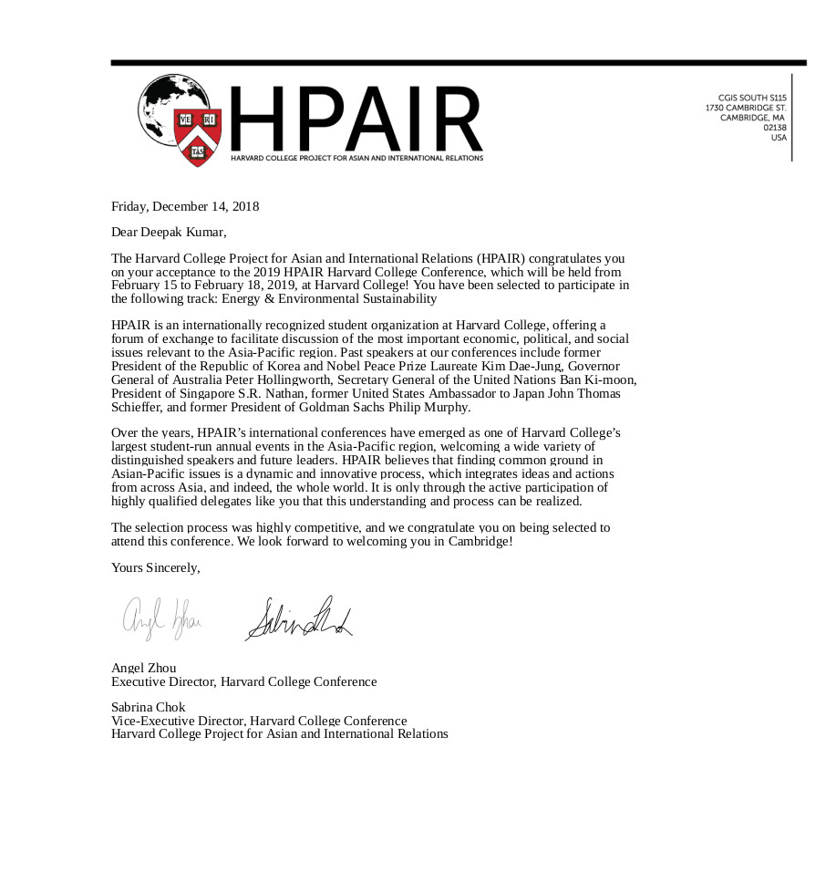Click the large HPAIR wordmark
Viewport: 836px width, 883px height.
click(356, 119)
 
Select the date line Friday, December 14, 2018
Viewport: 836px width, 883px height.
click(185, 206)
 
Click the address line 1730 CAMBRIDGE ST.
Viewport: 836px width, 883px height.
click(746, 108)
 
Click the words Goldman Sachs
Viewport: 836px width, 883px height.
click(356, 407)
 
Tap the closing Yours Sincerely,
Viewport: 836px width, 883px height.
click(155, 567)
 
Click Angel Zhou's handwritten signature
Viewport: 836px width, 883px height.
click(161, 617)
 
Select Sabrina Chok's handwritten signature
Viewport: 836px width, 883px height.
click(296, 618)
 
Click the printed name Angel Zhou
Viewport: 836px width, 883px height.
click(144, 668)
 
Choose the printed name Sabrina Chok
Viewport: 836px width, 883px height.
click(149, 707)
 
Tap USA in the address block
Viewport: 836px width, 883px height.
click(779, 138)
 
